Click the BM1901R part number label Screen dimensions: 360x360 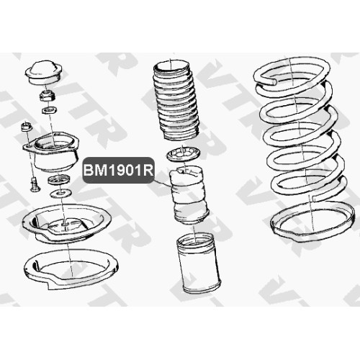(x=118, y=171)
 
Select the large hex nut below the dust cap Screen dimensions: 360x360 (x=48, y=95)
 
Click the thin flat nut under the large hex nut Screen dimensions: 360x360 (x=49, y=111)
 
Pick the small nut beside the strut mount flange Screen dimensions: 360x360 (x=27, y=127)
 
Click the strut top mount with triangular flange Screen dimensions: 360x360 (x=51, y=152)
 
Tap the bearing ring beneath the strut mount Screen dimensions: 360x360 (x=59, y=179)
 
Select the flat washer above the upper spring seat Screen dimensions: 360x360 (x=61, y=193)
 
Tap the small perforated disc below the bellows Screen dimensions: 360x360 (x=184, y=154)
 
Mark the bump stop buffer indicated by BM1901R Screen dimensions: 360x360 (x=189, y=196)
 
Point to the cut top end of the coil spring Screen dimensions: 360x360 (x=273, y=81)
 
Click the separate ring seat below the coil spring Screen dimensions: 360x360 (x=312, y=222)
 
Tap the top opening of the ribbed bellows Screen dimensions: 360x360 (x=171, y=66)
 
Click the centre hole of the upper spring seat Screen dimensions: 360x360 (x=66, y=224)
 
